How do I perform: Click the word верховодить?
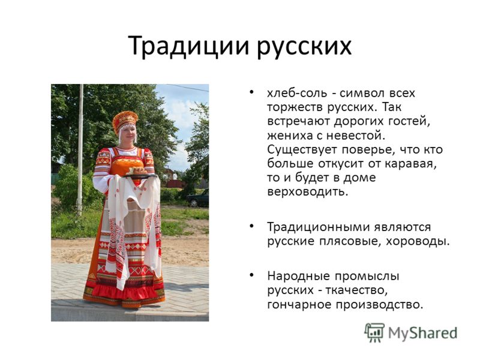(x=308, y=192)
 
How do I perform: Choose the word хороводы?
(x=418, y=242)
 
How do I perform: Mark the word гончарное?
(x=299, y=305)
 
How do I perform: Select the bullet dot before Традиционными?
(x=251, y=226)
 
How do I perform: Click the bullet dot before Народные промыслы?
(x=251, y=275)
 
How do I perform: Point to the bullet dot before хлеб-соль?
(x=251, y=92)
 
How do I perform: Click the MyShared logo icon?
(x=374, y=333)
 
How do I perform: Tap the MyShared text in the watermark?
(x=423, y=334)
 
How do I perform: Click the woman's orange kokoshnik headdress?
(x=125, y=121)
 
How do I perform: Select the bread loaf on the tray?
(x=137, y=170)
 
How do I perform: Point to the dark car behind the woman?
(x=198, y=199)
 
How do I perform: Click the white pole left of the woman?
(x=80, y=150)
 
